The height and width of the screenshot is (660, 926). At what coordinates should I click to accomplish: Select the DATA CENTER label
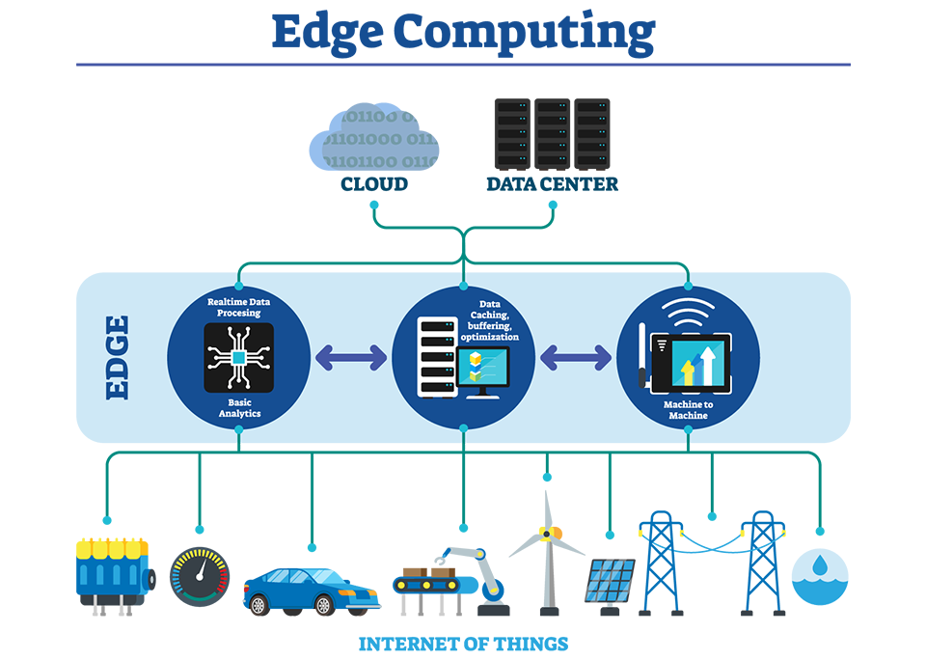(552, 183)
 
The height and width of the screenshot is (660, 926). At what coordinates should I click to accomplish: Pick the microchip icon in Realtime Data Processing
(238, 358)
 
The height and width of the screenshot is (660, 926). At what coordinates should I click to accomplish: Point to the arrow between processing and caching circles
(351, 358)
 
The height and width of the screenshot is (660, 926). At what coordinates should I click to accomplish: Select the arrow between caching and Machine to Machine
(576, 358)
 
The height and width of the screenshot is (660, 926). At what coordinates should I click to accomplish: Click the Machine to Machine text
(687, 409)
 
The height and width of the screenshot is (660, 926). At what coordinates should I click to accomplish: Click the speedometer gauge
(200, 576)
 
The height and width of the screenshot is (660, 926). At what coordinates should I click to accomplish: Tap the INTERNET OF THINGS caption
(463, 644)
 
